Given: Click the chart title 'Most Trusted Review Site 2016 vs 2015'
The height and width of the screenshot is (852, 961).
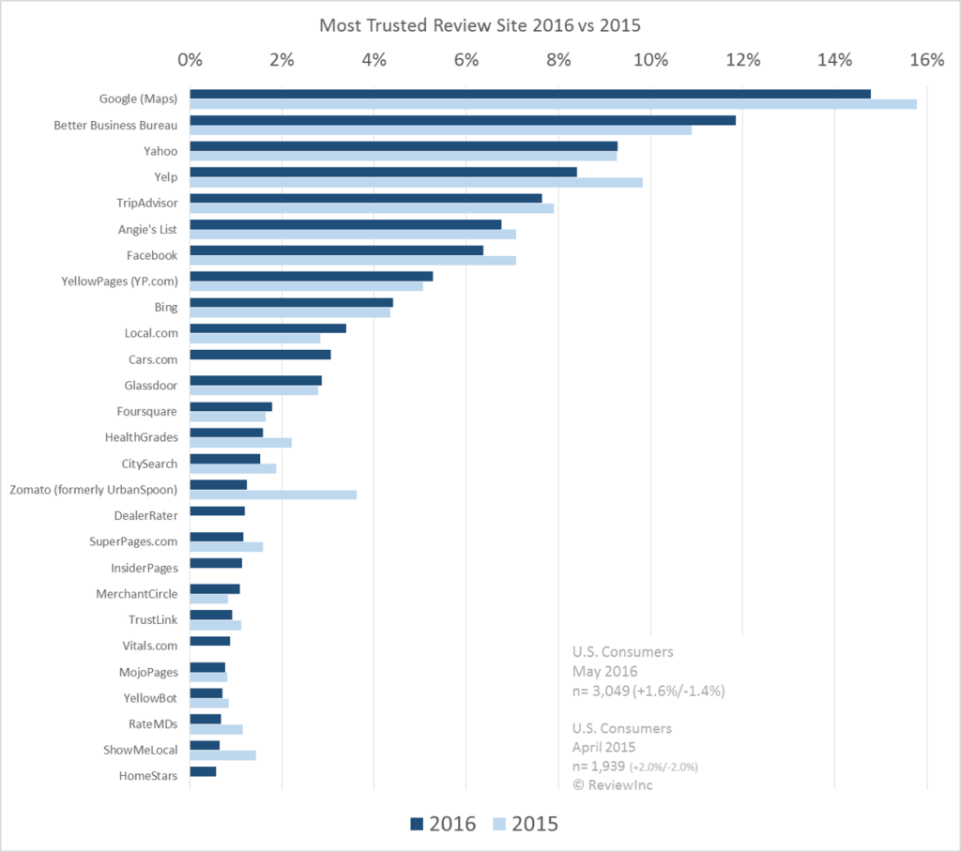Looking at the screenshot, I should pyautogui.click(x=480, y=25).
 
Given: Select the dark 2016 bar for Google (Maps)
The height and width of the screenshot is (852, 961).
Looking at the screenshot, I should pyautogui.click(x=530, y=94).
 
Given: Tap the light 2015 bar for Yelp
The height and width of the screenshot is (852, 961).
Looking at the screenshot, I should pyautogui.click(x=416, y=182).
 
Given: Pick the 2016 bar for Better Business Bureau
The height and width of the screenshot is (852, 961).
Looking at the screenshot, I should pyautogui.click(x=463, y=120).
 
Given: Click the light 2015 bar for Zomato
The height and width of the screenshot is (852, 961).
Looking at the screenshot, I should pyautogui.click(x=273, y=494).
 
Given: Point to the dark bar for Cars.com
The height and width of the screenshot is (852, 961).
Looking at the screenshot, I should pyautogui.click(x=260, y=355).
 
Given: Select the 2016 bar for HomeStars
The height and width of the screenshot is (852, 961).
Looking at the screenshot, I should pyautogui.click(x=203, y=771).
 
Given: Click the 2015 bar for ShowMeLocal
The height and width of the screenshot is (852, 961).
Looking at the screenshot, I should pyautogui.click(x=222, y=754).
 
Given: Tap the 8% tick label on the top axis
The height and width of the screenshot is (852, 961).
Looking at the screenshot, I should pyautogui.click(x=558, y=61).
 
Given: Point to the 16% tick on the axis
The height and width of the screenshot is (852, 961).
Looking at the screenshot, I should pyautogui.click(x=926, y=61).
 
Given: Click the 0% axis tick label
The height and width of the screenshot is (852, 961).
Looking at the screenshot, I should pyautogui.click(x=191, y=61).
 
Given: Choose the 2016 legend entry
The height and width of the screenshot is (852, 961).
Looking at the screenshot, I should pyautogui.click(x=443, y=824).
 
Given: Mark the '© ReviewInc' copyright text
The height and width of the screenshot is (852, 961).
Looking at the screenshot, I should pyautogui.click(x=613, y=784).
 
